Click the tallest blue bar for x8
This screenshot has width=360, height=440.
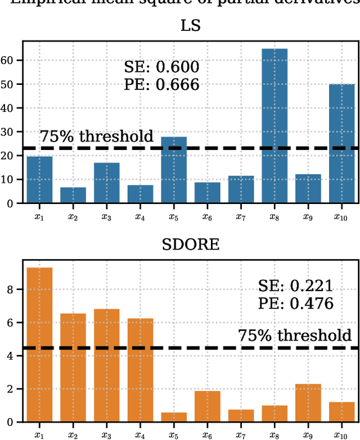point(274,126)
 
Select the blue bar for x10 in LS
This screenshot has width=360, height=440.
point(341,144)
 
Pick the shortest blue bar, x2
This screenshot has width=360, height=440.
point(73,195)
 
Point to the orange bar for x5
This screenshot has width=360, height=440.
point(174,416)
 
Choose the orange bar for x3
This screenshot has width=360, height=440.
point(107,365)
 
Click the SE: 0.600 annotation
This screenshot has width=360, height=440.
point(161,68)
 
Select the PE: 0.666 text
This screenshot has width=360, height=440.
point(161,85)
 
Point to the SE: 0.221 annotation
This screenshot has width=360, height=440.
point(295,286)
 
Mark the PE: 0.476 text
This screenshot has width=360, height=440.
point(295,303)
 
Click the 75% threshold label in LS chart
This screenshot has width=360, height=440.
point(96,137)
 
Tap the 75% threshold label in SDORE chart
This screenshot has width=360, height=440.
point(295,336)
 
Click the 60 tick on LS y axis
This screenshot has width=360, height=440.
point(8,60)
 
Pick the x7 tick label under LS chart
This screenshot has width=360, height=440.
point(241,216)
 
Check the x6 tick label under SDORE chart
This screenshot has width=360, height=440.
point(208,434)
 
